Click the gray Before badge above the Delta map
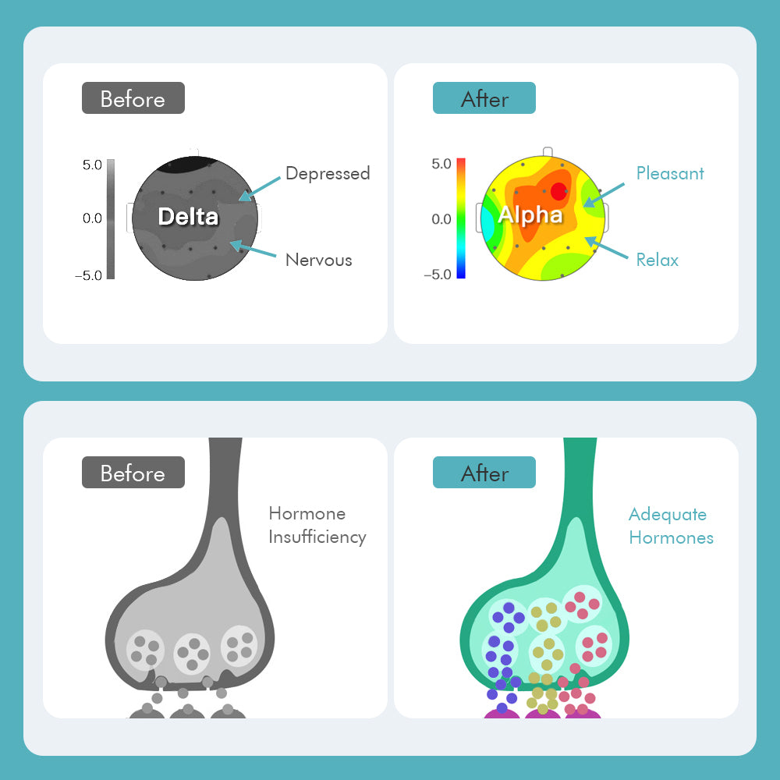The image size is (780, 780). pyautogui.click(x=133, y=98)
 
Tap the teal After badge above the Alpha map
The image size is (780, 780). pyautogui.click(x=484, y=98)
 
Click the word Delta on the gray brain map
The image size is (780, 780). pyautogui.click(x=188, y=216)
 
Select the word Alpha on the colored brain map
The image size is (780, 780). pyautogui.click(x=530, y=215)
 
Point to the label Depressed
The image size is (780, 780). pyautogui.click(x=328, y=173)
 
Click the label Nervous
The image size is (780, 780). pyautogui.click(x=319, y=260)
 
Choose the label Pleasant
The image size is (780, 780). pyautogui.click(x=670, y=173)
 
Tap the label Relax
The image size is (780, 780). pyautogui.click(x=657, y=260)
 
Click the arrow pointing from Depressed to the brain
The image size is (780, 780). pyautogui.click(x=259, y=189)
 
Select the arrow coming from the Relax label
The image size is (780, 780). pyautogui.click(x=606, y=247)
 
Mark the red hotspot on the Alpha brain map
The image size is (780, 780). pyautogui.click(x=558, y=191)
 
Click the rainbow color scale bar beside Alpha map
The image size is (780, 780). pyautogui.click(x=461, y=218)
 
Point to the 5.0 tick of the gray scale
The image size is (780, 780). pyautogui.click(x=92, y=165)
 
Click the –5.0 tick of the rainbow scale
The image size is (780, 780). pyautogui.click(x=438, y=275)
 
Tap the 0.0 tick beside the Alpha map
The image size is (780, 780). pyautogui.click(x=441, y=219)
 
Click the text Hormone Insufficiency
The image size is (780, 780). pyautogui.click(x=317, y=525)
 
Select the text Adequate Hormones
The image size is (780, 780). pyautogui.click(x=671, y=526)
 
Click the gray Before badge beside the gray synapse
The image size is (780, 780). pyautogui.click(x=133, y=472)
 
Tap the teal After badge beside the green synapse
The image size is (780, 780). pyautogui.click(x=484, y=472)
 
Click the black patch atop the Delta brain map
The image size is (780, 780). pyautogui.click(x=186, y=164)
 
